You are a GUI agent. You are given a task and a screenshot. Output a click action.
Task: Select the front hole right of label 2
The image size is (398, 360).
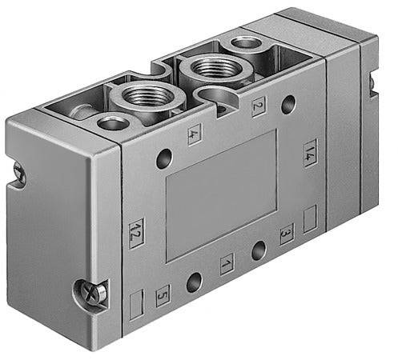click(287, 103)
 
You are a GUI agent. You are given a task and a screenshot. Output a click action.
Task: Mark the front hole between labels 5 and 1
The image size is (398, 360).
click(195, 282)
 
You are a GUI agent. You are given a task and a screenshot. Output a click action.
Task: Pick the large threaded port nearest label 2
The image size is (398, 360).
click(206, 71)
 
